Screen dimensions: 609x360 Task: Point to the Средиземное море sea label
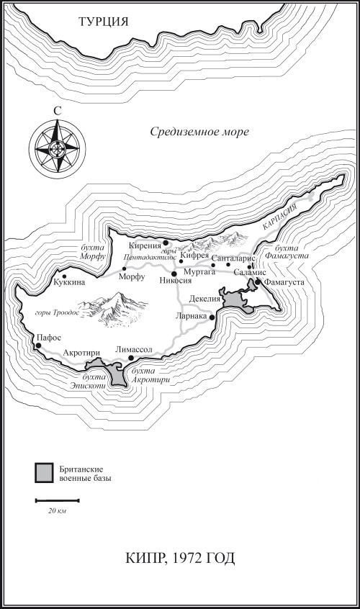click(200, 132)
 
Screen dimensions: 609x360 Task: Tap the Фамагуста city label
click(284, 282)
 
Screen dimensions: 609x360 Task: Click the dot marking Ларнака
click(212, 315)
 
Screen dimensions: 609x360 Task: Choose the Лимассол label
click(135, 349)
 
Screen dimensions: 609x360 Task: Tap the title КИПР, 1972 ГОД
click(180, 558)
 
